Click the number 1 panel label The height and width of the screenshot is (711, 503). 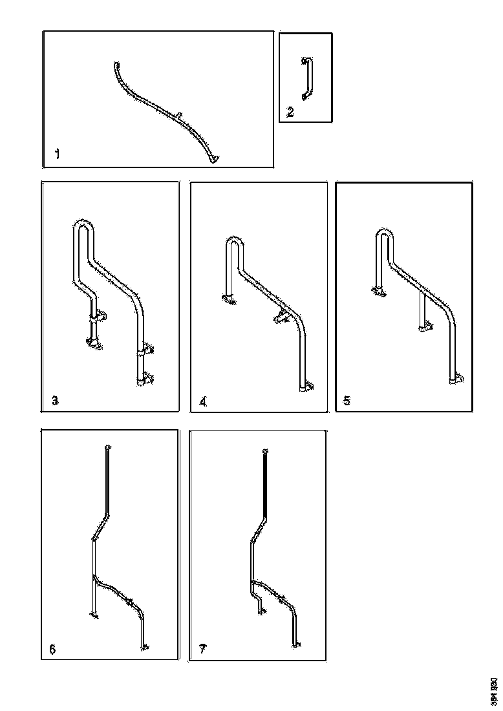[x=58, y=154]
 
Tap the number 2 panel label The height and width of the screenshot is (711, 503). [x=290, y=112]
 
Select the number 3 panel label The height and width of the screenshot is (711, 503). [x=55, y=401]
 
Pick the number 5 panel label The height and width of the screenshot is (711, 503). [x=347, y=401]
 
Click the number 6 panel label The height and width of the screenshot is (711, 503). [x=52, y=649]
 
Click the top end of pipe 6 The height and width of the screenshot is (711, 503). [x=108, y=447]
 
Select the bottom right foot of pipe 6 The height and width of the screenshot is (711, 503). [x=145, y=644]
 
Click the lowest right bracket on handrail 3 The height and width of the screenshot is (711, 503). [x=147, y=380]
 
